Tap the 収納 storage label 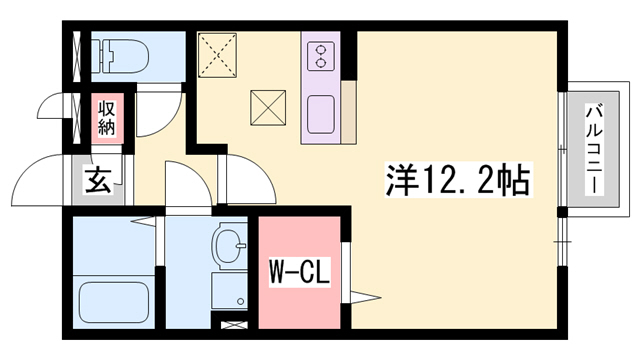(107, 115)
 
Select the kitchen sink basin (322, 112)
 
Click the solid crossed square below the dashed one (266, 107)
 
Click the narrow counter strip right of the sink (348, 110)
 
